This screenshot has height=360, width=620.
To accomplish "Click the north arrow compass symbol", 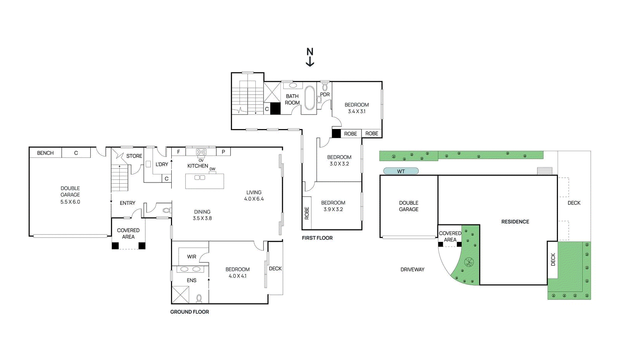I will click(x=310, y=57).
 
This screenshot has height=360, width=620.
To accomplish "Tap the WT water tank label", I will click(x=401, y=171).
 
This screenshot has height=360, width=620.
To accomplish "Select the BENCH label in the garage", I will click(x=45, y=153).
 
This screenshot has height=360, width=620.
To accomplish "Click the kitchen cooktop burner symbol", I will click(x=201, y=152).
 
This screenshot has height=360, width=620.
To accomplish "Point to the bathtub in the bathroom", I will click(x=310, y=98).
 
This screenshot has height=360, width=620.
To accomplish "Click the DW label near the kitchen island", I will click(x=212, y=169).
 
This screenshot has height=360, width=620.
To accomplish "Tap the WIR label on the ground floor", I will click(x=191, y=257).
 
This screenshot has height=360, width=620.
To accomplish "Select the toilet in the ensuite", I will click(x=199, y=298).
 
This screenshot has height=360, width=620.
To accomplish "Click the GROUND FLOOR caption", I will click(x=189, y=312).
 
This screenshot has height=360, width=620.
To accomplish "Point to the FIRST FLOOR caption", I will click(x=317, y=238).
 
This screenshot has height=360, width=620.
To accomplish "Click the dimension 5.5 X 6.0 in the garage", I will click(x=70, y=202).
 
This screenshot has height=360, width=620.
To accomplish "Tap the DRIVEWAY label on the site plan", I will click(x=412, y=269).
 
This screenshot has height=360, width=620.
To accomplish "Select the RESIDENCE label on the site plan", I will click(x=515, y=222).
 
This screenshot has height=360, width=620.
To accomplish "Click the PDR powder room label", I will click(x=325, y=95).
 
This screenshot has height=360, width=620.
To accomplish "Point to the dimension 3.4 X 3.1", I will click(x=356, y=111).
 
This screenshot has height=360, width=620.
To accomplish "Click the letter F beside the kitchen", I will click(x=179, y=152).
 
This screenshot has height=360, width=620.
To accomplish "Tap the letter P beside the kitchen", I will click(x=223, y=152).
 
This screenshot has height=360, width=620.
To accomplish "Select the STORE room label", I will click(x=134, y=156).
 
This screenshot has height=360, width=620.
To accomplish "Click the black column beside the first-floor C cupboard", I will click(x=275, y=109).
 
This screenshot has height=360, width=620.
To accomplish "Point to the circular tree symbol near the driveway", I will click(x=469, y=262).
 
